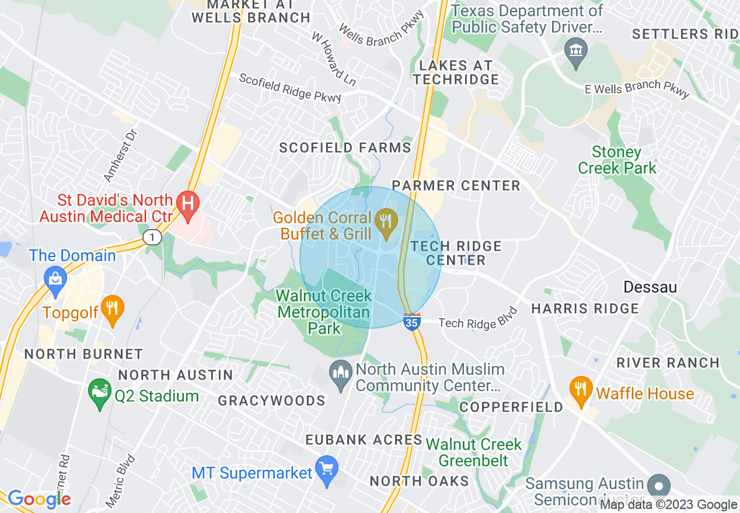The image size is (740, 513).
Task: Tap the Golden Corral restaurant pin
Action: click(386, 222)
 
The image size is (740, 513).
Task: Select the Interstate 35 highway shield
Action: click(412, 321)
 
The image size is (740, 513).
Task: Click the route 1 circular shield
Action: click(152, 237)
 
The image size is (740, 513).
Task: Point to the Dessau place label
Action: click(650, 287)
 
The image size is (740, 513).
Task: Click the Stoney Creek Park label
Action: click(617, 160)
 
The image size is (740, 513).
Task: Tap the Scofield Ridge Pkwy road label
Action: click(290, 88)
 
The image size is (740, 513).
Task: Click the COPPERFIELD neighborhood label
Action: click(511, 407)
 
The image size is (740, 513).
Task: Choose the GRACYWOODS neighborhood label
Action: click(271, 400)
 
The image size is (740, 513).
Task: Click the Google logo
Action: click(40, 499)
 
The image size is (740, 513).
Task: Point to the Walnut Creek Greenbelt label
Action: click(474, 452)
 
